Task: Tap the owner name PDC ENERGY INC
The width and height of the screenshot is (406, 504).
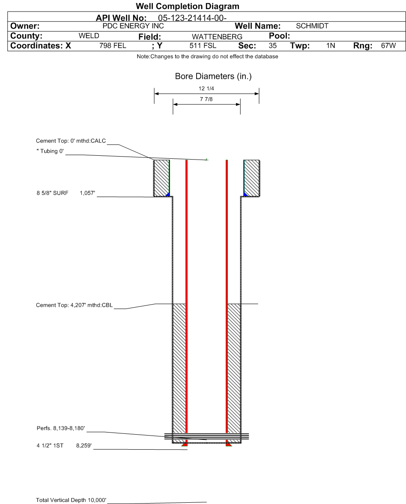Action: point(134,26)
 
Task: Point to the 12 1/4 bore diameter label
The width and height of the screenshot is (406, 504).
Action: point(207,89)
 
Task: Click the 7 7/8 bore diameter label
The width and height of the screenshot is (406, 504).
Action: point(206,99)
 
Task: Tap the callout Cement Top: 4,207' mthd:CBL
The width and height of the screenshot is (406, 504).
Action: point(75,306)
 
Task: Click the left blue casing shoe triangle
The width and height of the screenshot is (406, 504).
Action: point(168,194)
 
